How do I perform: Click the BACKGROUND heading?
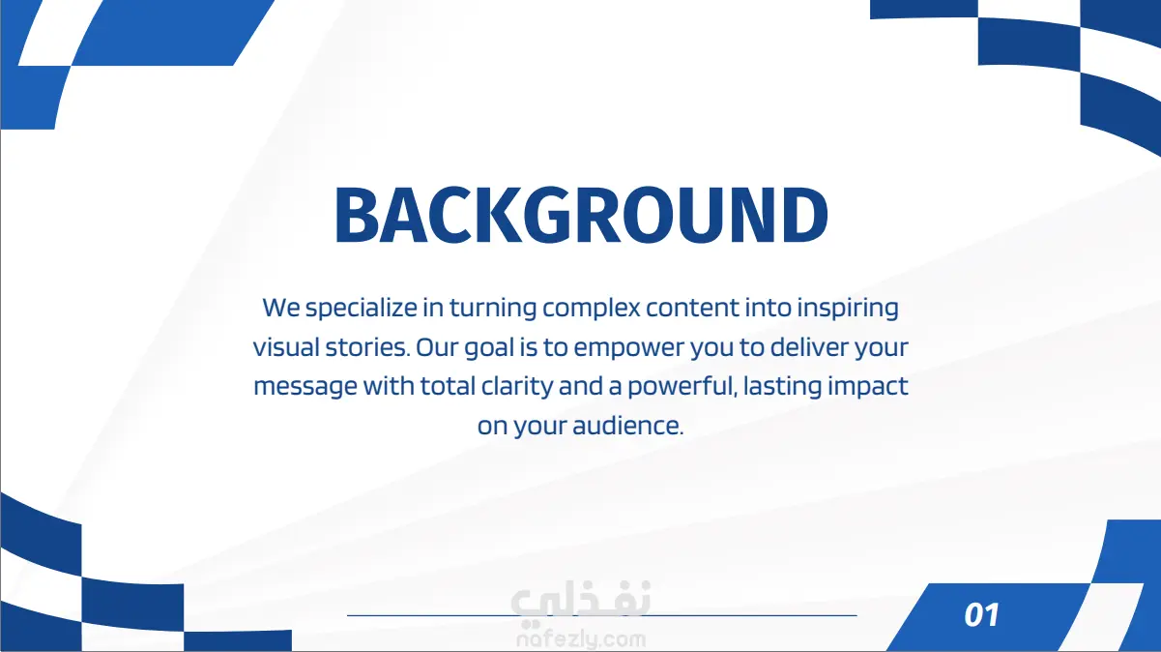581,214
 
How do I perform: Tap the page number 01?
981,615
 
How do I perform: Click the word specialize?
362,309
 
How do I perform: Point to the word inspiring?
848,309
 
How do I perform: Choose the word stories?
367,347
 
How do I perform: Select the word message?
305,387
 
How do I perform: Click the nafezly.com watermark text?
581,640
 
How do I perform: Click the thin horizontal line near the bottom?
601,615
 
